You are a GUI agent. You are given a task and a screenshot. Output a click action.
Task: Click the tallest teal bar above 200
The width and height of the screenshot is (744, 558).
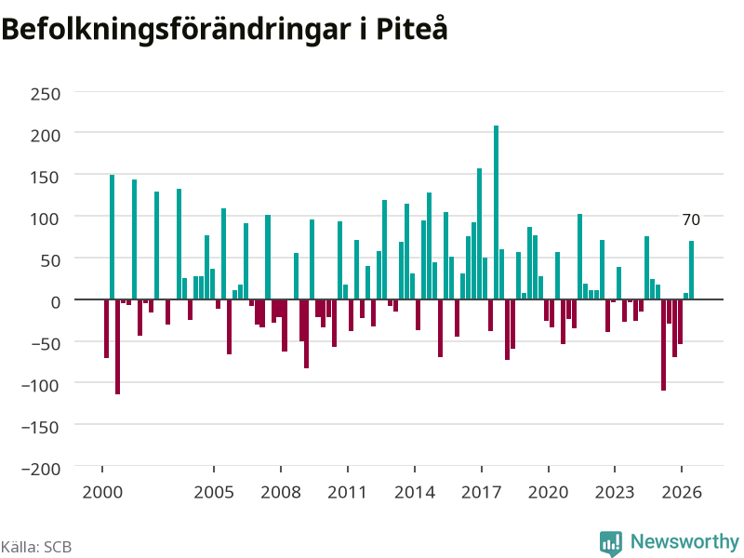497,213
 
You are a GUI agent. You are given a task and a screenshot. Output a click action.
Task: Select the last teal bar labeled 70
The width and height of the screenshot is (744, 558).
691,271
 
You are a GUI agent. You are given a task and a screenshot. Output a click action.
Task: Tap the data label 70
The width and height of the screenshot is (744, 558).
691,219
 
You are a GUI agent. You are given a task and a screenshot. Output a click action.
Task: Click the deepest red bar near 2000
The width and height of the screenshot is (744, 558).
118,347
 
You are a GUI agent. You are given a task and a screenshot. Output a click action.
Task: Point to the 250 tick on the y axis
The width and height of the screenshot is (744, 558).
46,94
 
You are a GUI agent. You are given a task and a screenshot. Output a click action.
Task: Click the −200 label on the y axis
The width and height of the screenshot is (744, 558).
41,469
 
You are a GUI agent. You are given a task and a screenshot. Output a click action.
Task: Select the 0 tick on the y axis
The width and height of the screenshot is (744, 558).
56,302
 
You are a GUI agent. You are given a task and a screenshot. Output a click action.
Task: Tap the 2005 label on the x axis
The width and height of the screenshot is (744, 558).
214,492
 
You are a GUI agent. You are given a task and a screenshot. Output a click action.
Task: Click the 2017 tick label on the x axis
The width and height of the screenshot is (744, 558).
481,492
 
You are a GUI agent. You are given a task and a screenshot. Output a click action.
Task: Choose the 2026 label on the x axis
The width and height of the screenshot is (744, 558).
682,492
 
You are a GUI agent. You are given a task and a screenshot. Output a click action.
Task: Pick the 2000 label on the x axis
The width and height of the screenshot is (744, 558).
102,492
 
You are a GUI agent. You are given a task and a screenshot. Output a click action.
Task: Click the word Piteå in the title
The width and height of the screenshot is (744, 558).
412,29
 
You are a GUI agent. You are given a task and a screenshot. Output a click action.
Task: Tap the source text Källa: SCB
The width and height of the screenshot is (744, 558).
36,547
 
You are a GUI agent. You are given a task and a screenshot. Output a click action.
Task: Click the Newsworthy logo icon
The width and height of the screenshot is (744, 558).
611,543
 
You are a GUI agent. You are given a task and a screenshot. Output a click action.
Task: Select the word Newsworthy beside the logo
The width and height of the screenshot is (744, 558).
684,541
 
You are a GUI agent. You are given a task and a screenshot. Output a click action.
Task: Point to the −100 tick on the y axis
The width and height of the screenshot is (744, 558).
41,385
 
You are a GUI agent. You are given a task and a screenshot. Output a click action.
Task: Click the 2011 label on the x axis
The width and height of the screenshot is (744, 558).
347,492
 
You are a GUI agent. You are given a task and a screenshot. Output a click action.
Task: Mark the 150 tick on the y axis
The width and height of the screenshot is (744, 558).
46,178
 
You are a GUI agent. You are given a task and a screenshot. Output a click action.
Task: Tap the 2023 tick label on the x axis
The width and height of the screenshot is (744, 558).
615,492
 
